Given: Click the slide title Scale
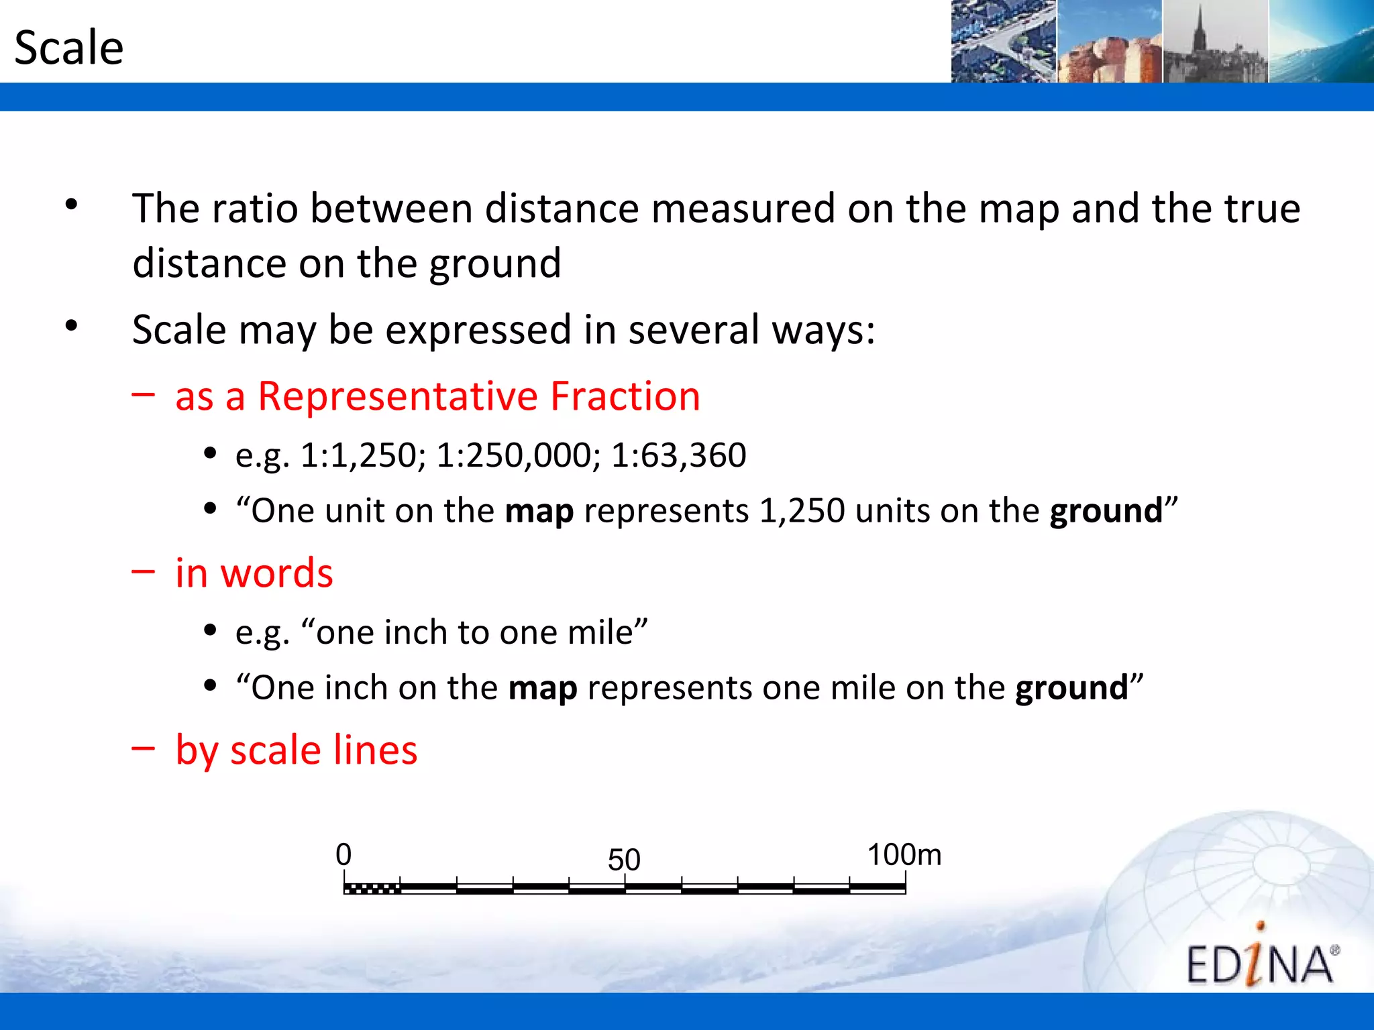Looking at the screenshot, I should tap(69, 48).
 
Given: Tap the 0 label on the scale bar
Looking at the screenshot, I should tap(343, 855).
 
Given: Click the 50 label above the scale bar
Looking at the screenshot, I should tap(624, 860).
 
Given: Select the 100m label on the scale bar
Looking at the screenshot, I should tap(904, 855).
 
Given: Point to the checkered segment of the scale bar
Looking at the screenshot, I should tap(372, 889).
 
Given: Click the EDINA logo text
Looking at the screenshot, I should tap(1260, 964).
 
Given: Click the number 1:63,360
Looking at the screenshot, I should tap(678, 455).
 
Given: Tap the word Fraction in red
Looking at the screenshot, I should tap(625, 396).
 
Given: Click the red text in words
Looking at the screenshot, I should tap(254, 573).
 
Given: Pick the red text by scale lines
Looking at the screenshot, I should tap(296, 750).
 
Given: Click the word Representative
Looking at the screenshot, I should tap(398, 396).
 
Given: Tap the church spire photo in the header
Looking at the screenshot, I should tap(1215, 42).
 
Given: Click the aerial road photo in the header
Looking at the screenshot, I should tap(1004, 42).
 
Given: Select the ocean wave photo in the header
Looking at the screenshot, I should tap(1321, 42).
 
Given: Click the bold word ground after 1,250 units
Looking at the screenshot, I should tap(1106, 511).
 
